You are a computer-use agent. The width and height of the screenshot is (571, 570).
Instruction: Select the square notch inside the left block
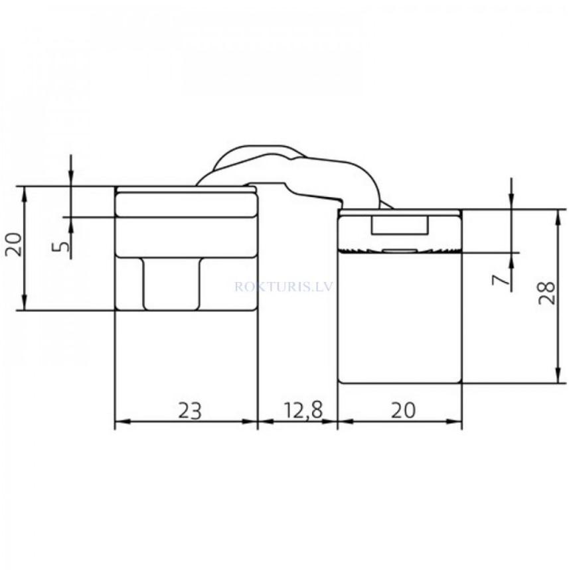click(172, 283)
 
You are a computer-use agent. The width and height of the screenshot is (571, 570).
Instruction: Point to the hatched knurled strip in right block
click(400, 251)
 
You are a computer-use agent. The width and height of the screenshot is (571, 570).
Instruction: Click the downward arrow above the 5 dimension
click(70, 179)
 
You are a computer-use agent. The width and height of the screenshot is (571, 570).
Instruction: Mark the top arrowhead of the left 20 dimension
click(25, 192)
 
